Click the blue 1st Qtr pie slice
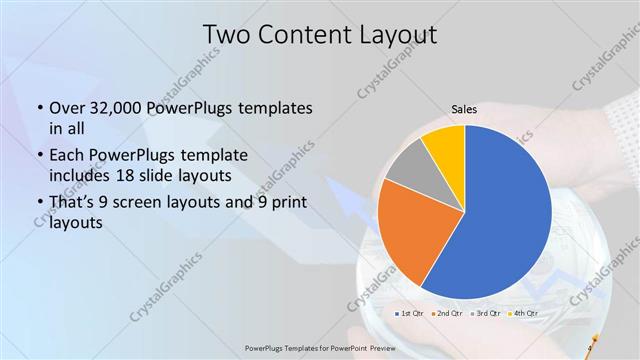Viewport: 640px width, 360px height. point(505,215)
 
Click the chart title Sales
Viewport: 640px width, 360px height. point(463,107)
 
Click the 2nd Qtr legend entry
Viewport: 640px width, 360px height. point(446,314)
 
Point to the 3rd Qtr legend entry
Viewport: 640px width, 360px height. point(485,314)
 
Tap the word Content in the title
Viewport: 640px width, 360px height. point(310,36)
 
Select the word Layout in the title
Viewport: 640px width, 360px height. point(400,36)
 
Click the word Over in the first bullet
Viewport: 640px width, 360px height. point(66,107)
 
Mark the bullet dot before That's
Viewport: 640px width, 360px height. point(38,204)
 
